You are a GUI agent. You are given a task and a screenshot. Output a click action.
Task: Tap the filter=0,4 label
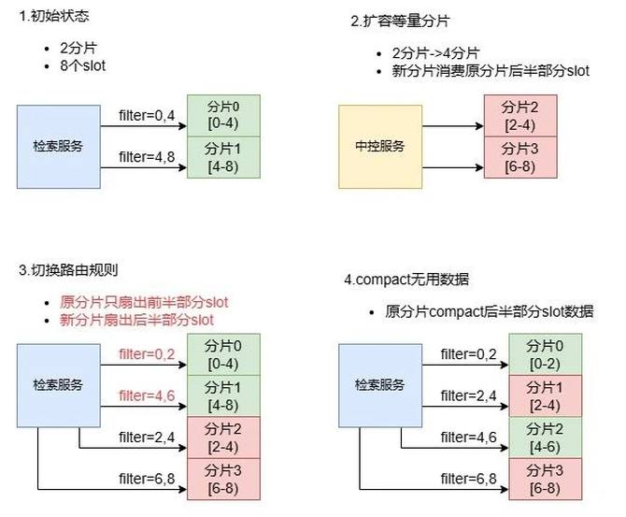tap(148, 116)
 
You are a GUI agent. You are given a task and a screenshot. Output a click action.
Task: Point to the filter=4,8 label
tap(148, 156)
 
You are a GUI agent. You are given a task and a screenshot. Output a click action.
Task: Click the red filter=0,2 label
tap(148, 353)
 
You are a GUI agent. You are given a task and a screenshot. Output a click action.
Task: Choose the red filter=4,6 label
tap(148, 395)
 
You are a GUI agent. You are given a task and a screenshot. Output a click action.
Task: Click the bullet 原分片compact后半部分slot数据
tap(489, 311)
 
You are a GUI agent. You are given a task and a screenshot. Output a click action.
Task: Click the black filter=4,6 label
tap(468, 436)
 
